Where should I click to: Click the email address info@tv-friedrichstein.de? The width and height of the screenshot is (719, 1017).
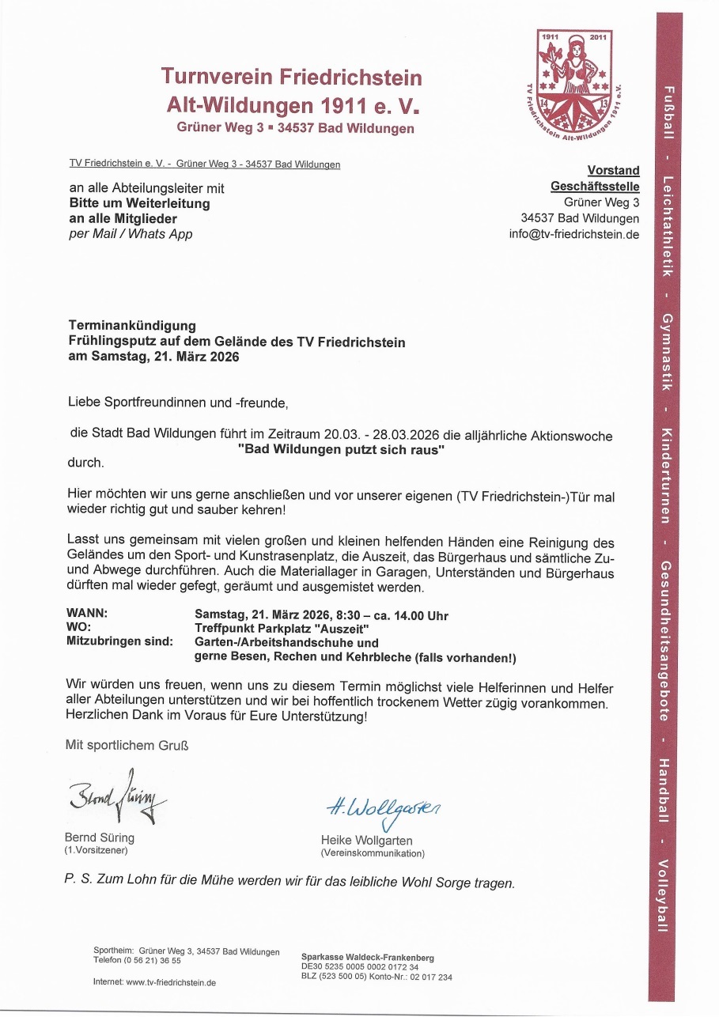(574, 234)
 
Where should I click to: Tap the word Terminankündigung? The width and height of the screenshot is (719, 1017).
(132, 325)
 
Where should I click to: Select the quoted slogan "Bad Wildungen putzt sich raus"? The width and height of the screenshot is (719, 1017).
(342, 449)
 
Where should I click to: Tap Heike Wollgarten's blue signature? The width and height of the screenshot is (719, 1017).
(383, 808)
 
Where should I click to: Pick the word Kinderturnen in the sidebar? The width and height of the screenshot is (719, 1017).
(666, 476)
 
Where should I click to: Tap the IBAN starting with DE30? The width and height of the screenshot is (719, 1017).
(360, 966)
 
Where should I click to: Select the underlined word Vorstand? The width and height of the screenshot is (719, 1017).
(613, 170)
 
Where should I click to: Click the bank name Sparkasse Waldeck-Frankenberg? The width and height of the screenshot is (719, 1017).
(367, 958)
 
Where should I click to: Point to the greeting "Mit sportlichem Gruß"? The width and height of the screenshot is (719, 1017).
(127, 744)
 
